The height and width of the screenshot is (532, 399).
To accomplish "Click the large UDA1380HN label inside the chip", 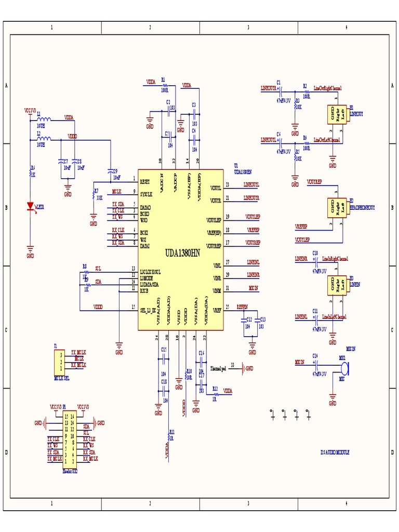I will (182, 254).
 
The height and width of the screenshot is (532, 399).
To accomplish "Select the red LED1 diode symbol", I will (30, 207).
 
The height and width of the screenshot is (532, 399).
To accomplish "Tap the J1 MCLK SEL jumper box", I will (61, 361).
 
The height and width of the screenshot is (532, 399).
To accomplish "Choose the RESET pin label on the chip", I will (145, 182).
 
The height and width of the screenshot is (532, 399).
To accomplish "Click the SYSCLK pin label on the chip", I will (146, 194).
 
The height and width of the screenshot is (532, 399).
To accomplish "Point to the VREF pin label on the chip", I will (217, 310).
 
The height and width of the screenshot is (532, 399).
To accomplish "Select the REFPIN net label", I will (242, 307).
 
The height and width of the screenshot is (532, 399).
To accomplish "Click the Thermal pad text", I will (218, 369).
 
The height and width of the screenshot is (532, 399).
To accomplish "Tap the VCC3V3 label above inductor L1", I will (30, 111).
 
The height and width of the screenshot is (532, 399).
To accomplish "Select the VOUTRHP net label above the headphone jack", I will (315, 182).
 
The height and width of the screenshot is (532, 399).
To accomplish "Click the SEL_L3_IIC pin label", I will (149, 310).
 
